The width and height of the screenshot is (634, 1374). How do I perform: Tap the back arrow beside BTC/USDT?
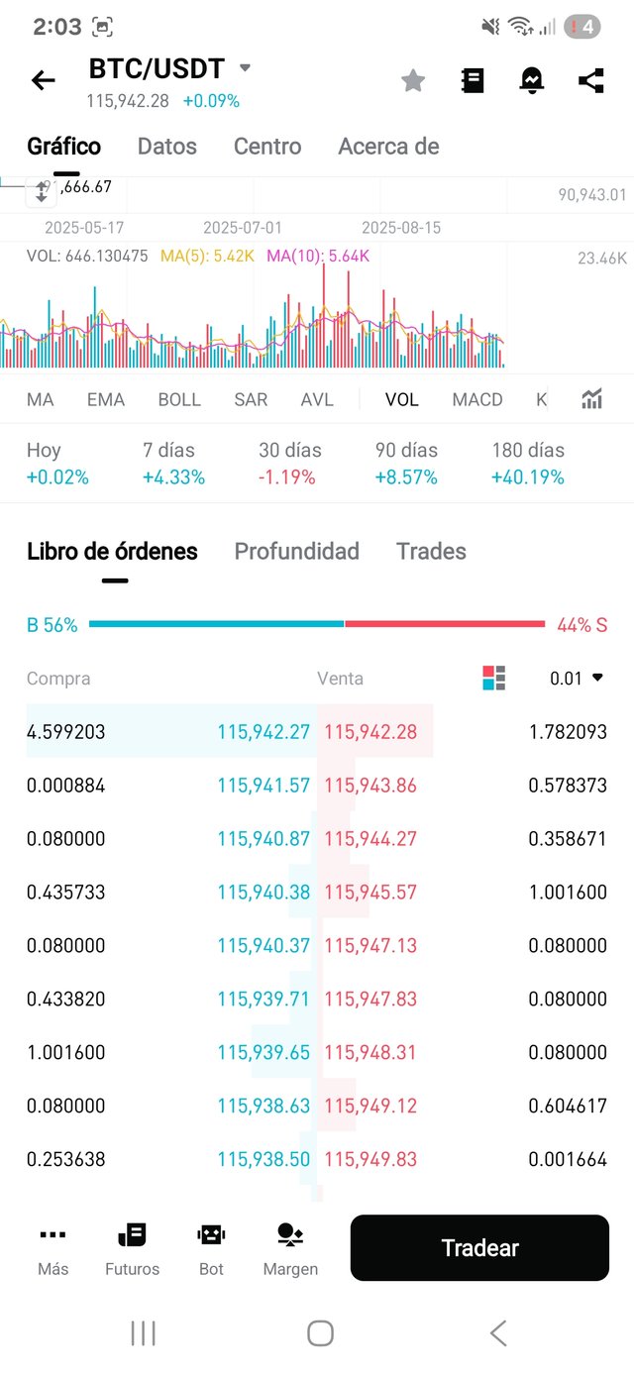click(x=44, y=80)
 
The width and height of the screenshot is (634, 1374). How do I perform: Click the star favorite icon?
click(x=413, y=81)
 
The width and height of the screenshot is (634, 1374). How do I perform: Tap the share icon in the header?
click(x=591, y=81)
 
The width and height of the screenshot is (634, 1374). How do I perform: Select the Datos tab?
click(x=167, y=147)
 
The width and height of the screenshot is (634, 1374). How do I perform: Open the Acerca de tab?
click(x=388, y=147)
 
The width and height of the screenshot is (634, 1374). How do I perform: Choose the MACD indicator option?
click(x=477, y=400)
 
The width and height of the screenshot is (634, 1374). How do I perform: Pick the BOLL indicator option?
click(x=179, y=400)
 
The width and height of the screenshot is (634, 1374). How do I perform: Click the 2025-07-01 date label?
click(x=243, y=228)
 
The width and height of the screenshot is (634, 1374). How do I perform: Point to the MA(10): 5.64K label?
click(x=318, y=257)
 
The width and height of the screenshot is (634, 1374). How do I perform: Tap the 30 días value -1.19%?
click(x=287, y=477)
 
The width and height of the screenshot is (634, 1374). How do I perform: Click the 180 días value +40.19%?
click(x=528, y=477)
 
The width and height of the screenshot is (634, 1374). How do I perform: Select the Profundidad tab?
click(x=296, y=552)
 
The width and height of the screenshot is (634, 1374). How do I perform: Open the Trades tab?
click(x=431, y=552)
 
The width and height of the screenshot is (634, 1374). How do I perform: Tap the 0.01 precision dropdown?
click(x=577, y=679)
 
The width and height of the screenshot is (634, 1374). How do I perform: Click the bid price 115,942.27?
click(x=264, y=733)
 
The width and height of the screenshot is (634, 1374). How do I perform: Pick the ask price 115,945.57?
click(x=370, y=893)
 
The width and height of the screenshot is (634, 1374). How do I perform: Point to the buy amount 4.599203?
click(x=66, y=733)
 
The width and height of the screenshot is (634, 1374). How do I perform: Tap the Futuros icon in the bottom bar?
click(x=132, y=1247)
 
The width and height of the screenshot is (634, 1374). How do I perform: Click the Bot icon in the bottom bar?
click(x=211, y=1247)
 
